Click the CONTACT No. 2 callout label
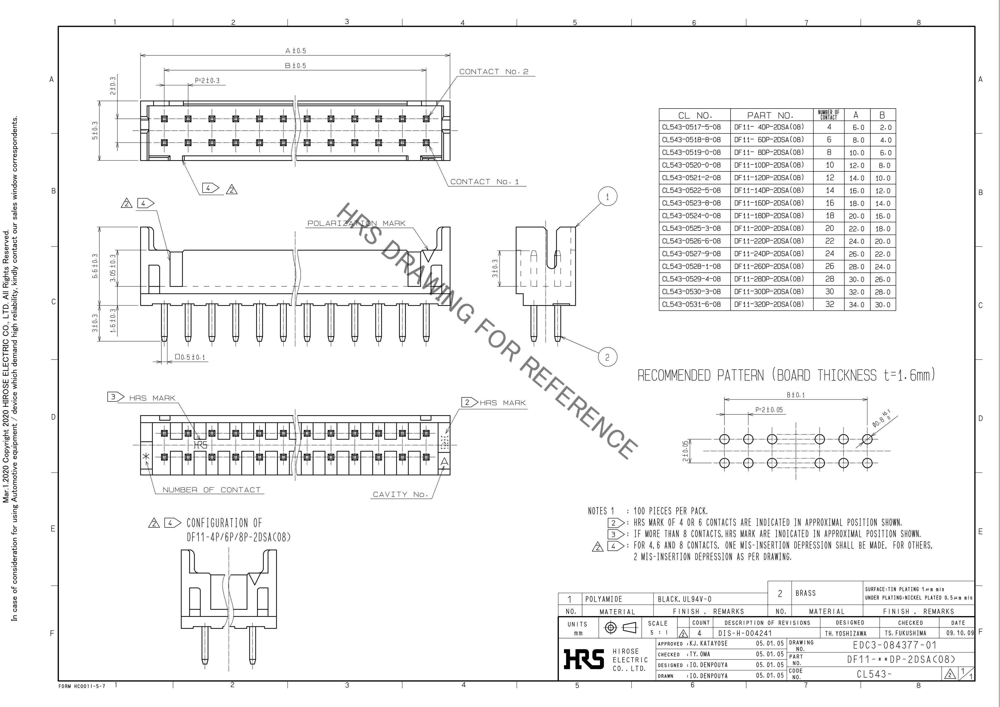[494, 72]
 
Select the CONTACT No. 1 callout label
[484, 182]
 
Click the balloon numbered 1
[607, 197]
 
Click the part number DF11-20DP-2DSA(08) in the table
[769, 228]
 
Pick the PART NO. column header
[770, 116]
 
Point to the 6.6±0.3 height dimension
[95, 267]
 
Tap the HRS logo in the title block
[584, 659]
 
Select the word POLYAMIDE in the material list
[604, 599]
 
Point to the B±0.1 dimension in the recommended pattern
[795, 395]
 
